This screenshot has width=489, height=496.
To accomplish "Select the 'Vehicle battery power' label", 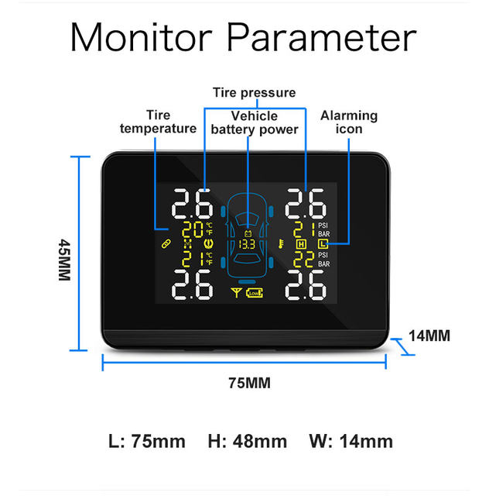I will tap(254, 122).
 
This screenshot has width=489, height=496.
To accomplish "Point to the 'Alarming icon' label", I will tap(349, 122).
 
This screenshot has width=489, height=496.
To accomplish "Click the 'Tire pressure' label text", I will tap(254, 93).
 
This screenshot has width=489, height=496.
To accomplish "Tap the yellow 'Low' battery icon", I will tap(254, 292).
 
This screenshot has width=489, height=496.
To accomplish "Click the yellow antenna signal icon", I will tap(236, 292).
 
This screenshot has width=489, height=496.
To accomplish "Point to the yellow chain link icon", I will tap(165, 244).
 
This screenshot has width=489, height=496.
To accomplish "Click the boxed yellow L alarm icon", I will tap(323, 244).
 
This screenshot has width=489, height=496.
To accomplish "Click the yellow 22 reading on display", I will tap(303, 259).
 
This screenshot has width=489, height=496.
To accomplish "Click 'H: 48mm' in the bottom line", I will tap(247, 442).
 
